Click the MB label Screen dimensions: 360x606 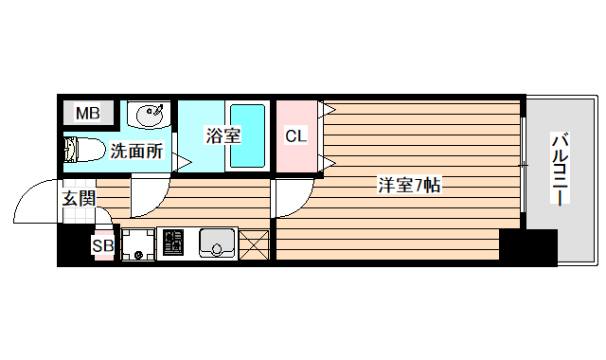tap(87, 114)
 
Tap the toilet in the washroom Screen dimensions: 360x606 tap(83, 150)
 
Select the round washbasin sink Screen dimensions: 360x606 tap(149, 116)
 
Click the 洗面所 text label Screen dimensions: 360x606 tap(136, 150)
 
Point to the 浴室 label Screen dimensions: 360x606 tap(223, 135)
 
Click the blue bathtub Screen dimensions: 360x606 tap(249, 135)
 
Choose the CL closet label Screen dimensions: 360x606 tap(296, 136)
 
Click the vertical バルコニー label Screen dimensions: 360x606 tap(560, 171)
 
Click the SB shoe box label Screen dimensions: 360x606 tap(102, 246)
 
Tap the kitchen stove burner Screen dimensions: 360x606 tap(175, 244)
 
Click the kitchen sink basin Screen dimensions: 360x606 tap(218, 244)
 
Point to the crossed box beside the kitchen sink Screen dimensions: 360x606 tap(255, 244)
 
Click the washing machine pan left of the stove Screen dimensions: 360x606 tap(139, 244)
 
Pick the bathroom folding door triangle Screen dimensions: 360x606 tap(181, 162)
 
